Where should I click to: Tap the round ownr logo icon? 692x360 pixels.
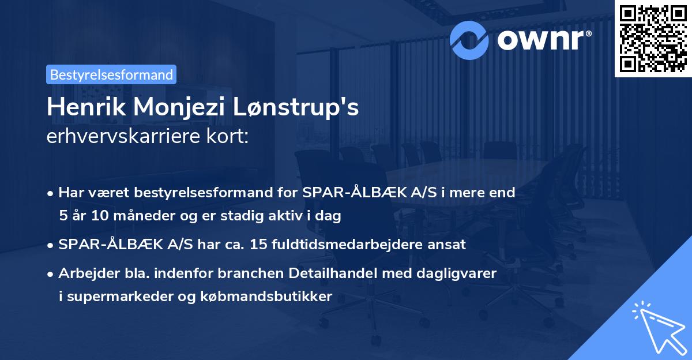[x=469, y=40]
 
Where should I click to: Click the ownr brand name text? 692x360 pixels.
[x=544, y=40]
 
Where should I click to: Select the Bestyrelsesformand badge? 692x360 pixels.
[x=111, y=74]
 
